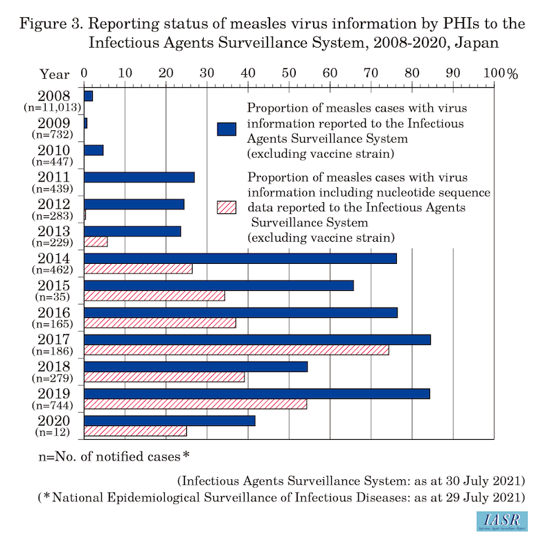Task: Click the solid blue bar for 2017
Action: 257,339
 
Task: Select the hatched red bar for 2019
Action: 195,404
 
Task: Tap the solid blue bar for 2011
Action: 139,177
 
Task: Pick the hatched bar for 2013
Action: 96,242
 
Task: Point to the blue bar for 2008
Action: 88,96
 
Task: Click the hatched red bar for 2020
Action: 135,431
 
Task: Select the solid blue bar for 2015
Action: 218,285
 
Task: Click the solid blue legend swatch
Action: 226,129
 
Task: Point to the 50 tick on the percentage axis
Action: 289,73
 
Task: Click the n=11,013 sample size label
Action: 53,107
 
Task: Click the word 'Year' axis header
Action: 54,74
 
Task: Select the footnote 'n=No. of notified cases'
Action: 114,456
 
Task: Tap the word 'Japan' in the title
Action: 479,42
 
